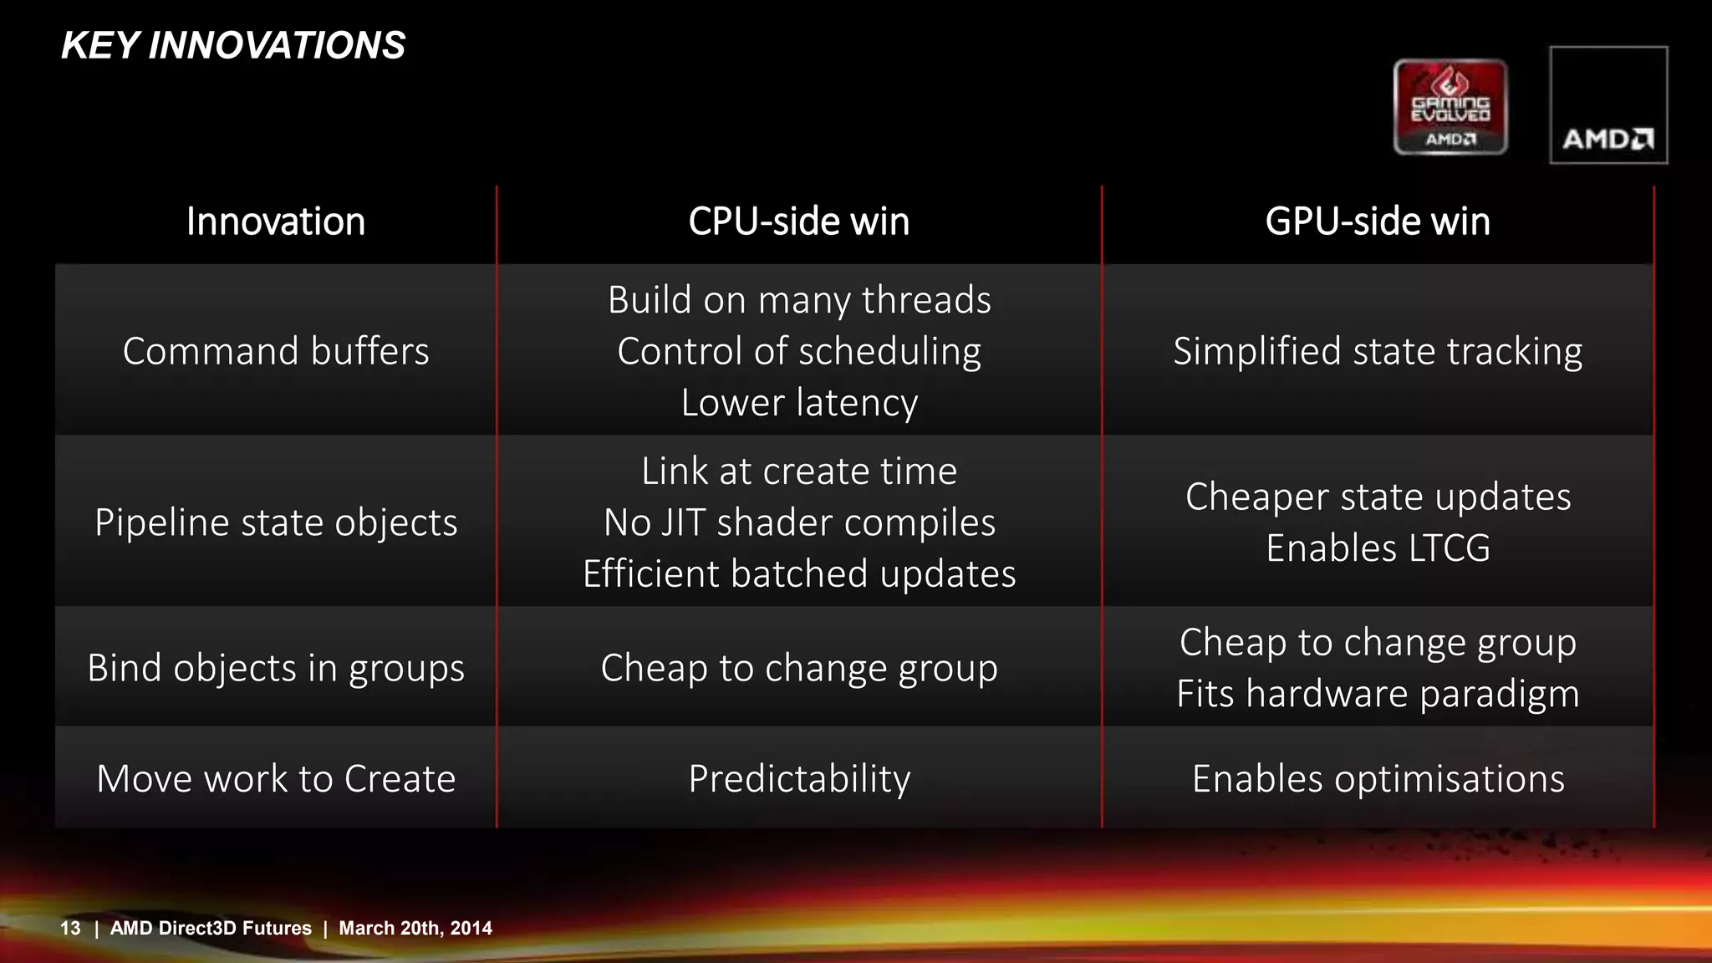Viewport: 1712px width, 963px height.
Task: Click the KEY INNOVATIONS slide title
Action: tap(233, 45)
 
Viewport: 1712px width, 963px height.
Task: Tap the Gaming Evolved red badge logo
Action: tap(1450, 107)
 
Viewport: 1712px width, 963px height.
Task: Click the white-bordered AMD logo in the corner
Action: tap(1608, 105)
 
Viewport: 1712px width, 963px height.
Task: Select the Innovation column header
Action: tap(276, 222)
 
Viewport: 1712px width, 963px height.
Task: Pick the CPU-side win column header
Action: tap(799, 222)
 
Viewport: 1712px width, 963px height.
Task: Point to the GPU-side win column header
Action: tap(1378, 222)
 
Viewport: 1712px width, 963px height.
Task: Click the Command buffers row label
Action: tap(276, 351)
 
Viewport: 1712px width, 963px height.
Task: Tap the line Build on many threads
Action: tap(799, 300)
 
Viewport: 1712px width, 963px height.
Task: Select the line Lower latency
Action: tap(799, 403)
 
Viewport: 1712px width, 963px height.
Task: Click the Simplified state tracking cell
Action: tap(1378, 351)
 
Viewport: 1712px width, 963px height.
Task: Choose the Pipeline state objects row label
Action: tap(276, 522)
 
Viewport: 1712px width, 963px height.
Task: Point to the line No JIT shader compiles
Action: tap(799, 522)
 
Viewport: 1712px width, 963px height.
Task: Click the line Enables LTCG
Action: tap(1378, 548)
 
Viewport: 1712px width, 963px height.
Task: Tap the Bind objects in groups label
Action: tap(276, 668)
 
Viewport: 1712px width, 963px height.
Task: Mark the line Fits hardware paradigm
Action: tap(1378, 694)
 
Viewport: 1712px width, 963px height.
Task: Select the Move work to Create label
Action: tap(276, 779)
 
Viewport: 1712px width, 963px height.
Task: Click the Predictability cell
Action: tap(799, 779)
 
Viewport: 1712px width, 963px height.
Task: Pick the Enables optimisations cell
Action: tap(1378, 779)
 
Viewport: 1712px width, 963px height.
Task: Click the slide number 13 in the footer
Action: tap(70, 928)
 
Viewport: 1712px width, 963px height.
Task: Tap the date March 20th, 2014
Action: tap(415, 928)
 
